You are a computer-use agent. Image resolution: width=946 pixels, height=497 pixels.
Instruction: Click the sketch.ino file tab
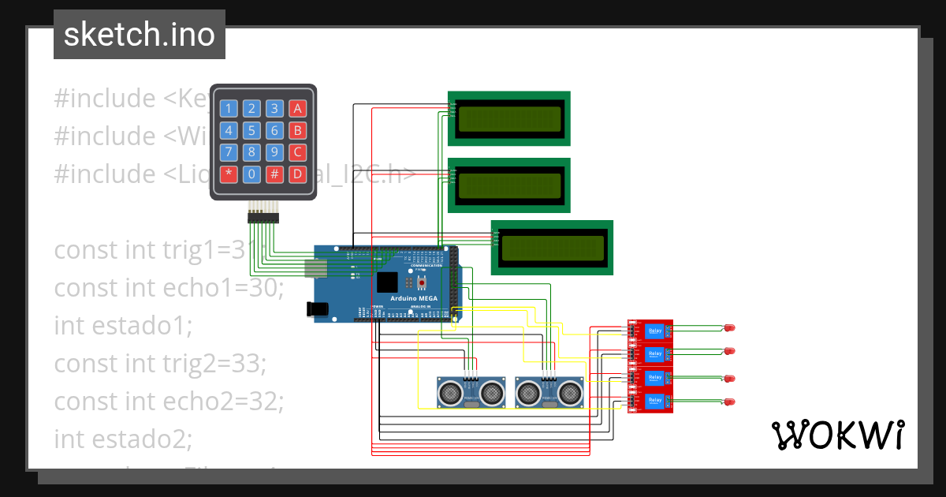pyautogui.click(x=140, y=35)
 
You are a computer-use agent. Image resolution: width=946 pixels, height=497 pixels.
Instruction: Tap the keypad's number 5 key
pyautogui.click(x=251, y=131)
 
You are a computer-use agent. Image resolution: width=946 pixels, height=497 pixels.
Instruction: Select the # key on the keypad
pyautogui.click(x=274, y=174)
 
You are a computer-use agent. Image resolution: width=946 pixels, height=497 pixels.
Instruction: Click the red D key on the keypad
pyautogui.click(x=297, y=174)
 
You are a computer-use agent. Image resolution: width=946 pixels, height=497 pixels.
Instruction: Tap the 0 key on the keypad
pyautogui.click(x=251, y=174)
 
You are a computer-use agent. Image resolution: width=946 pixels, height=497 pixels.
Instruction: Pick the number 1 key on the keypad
pyautogui.click(x=229, y=109)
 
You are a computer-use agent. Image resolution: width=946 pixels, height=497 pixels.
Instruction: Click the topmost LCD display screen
pyautogui.click(x=509, y=118)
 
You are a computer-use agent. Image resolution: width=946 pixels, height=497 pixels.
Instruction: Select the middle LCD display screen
pyautogui.click(x=509, y=185)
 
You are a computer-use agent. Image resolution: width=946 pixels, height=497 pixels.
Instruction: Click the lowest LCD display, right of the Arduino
pyautogui.click(x=553, y=248)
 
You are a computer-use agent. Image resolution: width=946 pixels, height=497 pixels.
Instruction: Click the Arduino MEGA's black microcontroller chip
pyautogui.click(x=387, y=282)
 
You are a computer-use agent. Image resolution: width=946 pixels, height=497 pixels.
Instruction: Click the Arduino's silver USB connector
pyautogui.click(x=315, y=269)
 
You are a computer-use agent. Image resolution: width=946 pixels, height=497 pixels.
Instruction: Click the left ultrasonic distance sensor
pyautogui.click(x=471, y=391)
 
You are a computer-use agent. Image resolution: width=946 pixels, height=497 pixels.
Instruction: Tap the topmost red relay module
pyautogui.click(x=650, y=331)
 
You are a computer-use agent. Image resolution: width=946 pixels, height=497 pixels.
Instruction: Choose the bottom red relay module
pyautogui.click(x=650, y=402)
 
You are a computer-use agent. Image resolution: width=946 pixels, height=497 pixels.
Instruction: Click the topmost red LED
pyautogui.click(x=729, y=327)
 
